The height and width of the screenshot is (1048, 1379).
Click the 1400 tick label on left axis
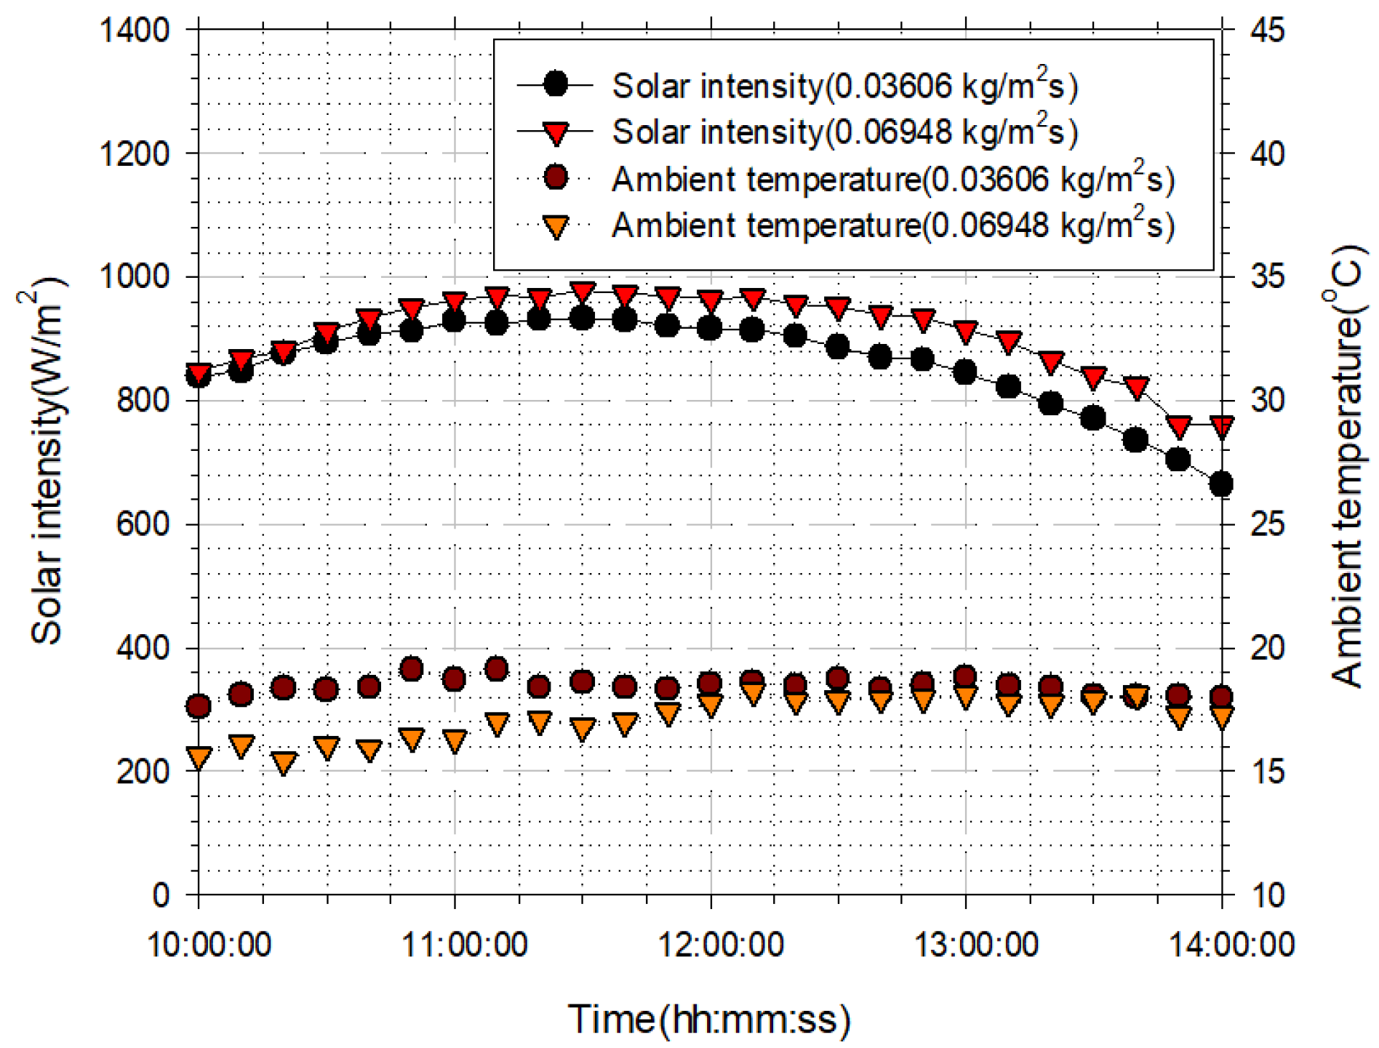134,31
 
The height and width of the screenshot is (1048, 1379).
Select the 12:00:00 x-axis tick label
720,945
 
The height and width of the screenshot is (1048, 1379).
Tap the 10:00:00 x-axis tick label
209,945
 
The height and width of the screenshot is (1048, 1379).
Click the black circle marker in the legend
556,85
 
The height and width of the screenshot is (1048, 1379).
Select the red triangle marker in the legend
556,132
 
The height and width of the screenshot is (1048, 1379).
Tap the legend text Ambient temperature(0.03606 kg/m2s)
893,179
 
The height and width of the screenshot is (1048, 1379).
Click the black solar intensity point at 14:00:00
1221,484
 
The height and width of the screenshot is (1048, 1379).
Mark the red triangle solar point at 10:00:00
199,372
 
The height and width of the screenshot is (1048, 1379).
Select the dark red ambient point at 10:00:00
199,705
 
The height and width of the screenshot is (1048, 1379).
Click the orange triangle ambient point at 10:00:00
199,757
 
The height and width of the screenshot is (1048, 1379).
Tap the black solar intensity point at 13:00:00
965,372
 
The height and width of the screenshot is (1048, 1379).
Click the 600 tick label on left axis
143,524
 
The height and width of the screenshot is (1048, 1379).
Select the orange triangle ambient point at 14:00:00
1221,717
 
